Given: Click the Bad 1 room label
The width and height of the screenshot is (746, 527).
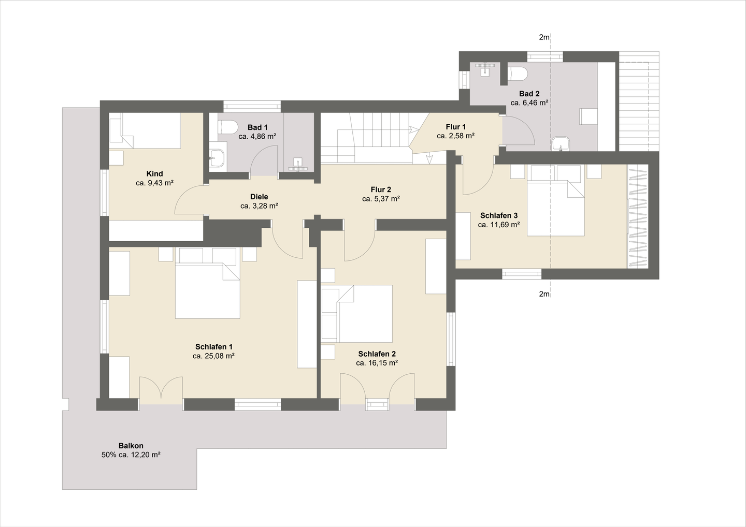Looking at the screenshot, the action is point(257,127).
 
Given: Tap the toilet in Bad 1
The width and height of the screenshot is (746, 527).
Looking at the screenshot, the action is point(227,127).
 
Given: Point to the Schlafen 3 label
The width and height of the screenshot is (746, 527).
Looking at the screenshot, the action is point(499,215).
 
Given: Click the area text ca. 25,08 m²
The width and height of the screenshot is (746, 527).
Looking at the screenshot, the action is point(213,356).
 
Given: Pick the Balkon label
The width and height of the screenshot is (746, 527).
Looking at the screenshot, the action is point(131,446).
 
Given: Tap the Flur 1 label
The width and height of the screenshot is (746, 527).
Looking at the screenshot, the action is point(455,127).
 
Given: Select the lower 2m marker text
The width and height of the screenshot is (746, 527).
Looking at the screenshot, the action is point(544,294).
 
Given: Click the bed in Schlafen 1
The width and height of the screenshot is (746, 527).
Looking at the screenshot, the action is point(207,283).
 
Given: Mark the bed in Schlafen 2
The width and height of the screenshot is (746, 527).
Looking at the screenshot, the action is point(356,314).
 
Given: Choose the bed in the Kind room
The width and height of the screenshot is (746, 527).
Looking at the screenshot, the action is point(145,130).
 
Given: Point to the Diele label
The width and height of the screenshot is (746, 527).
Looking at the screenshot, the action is point(259,197).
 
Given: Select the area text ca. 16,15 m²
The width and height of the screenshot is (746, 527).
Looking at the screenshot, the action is point(377,363).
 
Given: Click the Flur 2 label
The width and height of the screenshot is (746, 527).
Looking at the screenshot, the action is point(381,189).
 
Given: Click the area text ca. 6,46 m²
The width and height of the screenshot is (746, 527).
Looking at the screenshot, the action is point(529,103).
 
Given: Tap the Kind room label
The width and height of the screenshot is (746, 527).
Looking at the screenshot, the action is point(154,173).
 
